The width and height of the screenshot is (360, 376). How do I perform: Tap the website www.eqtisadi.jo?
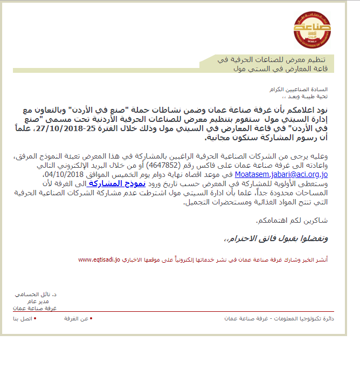click(99, 259)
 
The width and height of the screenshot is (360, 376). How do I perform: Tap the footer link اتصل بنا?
click(23, 319)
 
